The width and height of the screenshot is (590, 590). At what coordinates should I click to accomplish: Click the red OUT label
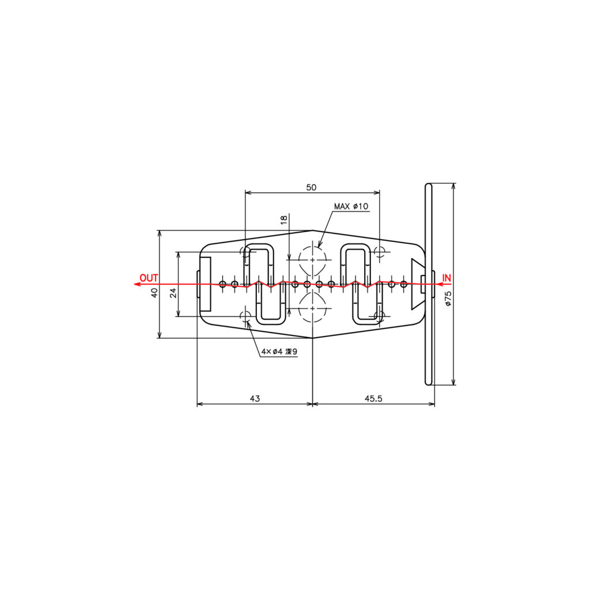(x=149, y=278)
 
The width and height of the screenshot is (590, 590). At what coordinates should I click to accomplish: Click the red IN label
(x=447, y=278)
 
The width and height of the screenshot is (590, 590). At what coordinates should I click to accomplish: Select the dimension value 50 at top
(x=311, y=187)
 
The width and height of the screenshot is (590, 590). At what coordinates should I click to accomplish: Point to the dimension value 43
(x=255, y=398)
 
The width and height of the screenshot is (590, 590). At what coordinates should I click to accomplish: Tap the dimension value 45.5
(x=373, y=398)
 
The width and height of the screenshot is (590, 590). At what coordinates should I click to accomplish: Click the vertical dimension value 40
(x=154, y=293)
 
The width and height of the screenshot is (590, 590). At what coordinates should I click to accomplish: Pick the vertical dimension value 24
(x=173, y=293)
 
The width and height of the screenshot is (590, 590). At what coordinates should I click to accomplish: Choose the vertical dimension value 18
(x=284, y=220)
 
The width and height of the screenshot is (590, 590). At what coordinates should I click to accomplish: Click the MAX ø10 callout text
(x=351, y=206)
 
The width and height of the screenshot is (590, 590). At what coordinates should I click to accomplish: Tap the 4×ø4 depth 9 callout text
(x=279, y=351)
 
